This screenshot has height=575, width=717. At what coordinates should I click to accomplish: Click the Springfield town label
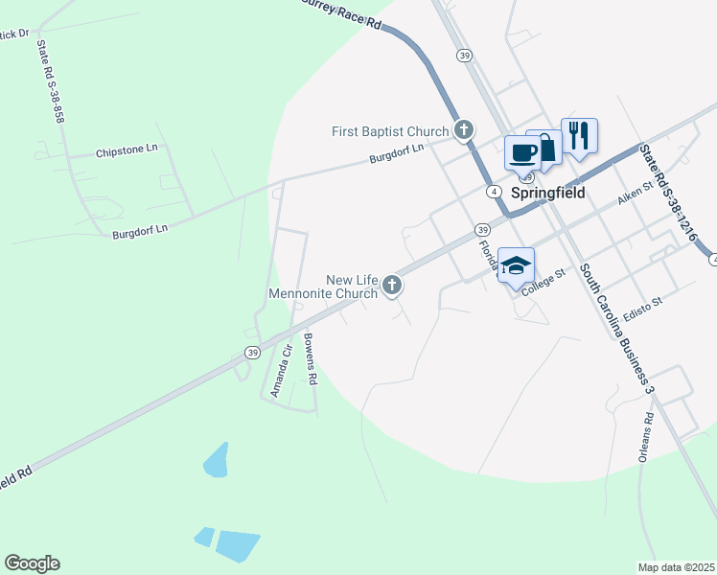click(546, 192)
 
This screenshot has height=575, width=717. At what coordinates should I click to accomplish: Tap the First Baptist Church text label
click(390, 131)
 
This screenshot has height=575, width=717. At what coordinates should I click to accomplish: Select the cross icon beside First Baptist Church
click(464, 129)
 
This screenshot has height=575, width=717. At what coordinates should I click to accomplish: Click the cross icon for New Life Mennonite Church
click(391, 286)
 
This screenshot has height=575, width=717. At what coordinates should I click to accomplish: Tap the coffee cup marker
click(522, 153)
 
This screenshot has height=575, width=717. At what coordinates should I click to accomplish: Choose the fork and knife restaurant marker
click(578, 134)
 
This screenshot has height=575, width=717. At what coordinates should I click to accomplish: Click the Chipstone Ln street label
click(127, 151)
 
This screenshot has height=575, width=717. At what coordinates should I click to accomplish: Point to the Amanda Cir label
click(279, 373)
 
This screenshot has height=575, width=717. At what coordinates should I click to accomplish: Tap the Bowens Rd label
click(310, 356)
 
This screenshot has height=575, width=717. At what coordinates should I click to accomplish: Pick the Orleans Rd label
click(649, 438)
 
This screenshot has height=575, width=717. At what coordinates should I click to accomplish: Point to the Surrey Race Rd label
click(342, 12)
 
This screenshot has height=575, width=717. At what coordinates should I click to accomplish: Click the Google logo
click(32, 563)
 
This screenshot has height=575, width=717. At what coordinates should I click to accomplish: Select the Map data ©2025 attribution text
click(677, 567)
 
